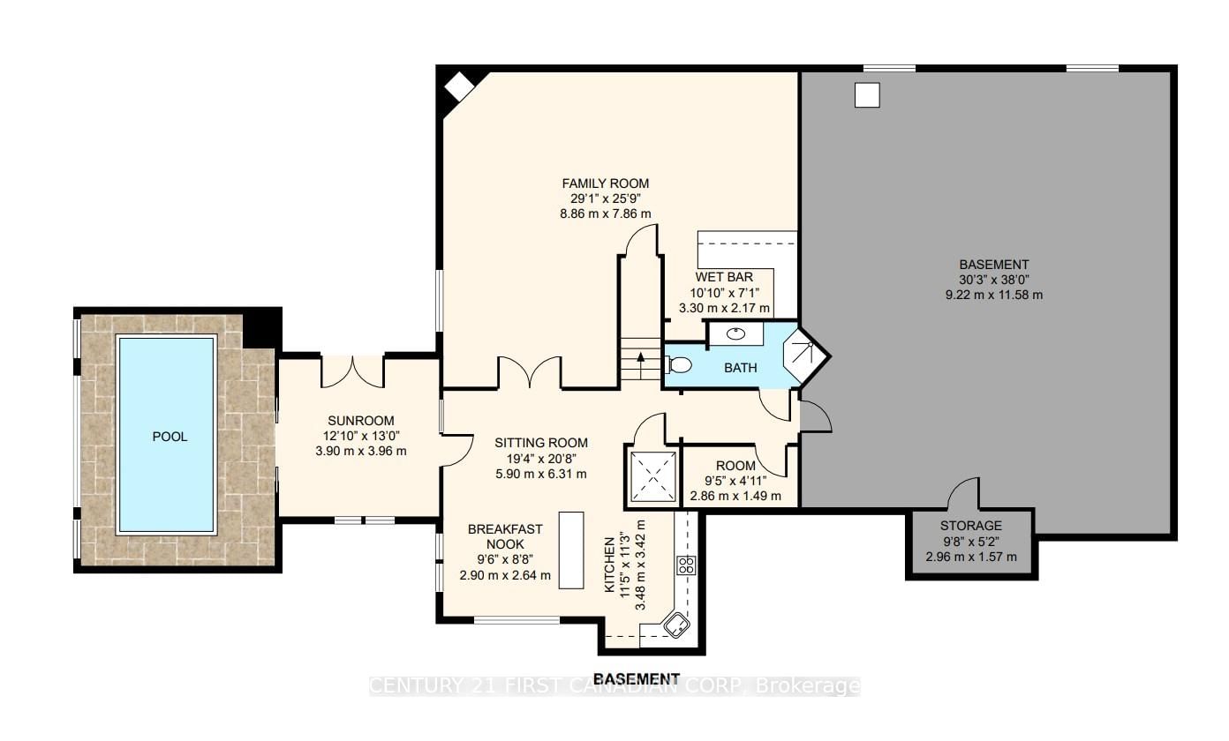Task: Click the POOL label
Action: coord(170,437)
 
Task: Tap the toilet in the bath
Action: coord(679,364)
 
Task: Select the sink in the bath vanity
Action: coord(735,333)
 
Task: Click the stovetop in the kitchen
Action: coord(686,565)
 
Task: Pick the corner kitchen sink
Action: coord(676,625)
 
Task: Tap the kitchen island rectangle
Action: coord(571,550)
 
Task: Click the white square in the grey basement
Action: coord(867,94)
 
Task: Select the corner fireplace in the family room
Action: coord(460,86)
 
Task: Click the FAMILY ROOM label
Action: coord(605,183)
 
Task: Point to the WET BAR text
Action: coord(724,277)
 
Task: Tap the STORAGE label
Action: coord(971,526)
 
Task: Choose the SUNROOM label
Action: coord(361,421)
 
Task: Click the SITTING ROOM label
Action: coord(541,443)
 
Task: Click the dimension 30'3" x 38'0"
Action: coord(993,280)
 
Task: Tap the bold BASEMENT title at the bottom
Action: coord(637,679)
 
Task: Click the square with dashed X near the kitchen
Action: coord(653,476)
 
